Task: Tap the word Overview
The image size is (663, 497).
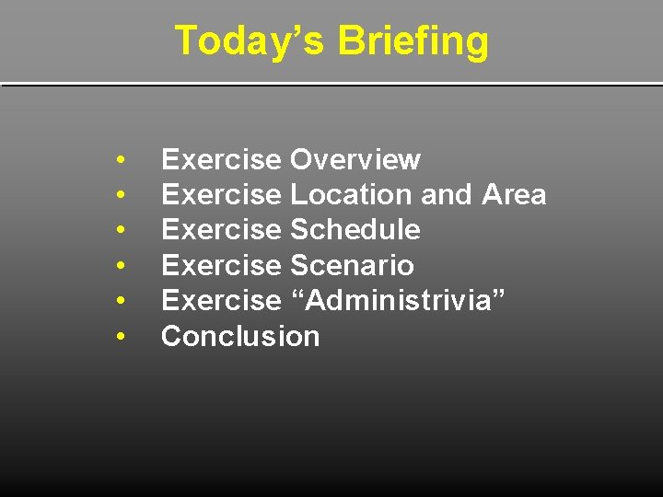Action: point(355,160)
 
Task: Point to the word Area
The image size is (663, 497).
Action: point(514,195)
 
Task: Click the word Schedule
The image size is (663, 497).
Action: point(355,230)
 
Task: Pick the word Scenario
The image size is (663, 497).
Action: point(352,266)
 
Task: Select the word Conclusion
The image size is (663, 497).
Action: point(240,336)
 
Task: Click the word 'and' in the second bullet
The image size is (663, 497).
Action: point(447,195)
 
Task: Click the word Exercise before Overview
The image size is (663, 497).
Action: point(221,160)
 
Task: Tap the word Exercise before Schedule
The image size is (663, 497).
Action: point(221,230)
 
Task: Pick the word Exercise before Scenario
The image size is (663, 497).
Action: point(221,266)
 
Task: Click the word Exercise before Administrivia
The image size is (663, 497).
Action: point(221,300)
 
